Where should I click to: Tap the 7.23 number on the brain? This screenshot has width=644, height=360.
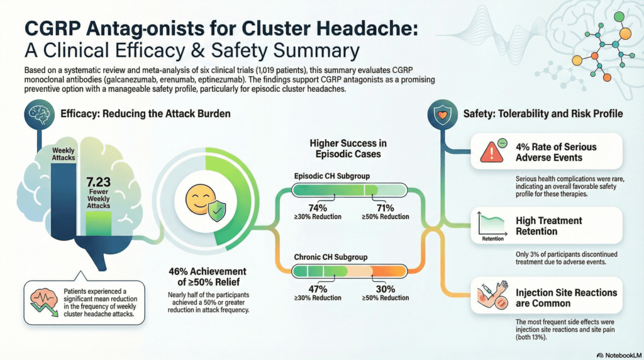click(x=99, y=183)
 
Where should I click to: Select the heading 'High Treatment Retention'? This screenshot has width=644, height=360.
click(x=549, y=226)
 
